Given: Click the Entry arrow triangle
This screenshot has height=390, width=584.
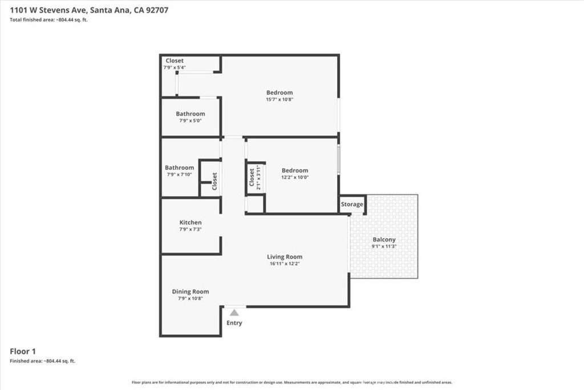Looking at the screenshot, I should (x=234, y=312).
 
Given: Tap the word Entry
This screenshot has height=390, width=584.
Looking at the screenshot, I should (x=234, y=323).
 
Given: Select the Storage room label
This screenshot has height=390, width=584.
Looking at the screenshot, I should (x=352, y=204).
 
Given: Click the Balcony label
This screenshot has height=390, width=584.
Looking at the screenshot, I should (x=384, y=240).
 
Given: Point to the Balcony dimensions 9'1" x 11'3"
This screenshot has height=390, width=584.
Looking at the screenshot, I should (x=384, y=247).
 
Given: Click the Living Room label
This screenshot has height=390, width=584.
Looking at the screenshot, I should (x=285, y=257).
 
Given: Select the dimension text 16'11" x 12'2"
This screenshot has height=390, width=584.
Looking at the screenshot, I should (x=285, y=264).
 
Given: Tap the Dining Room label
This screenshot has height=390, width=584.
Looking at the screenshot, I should (x=190, y=292).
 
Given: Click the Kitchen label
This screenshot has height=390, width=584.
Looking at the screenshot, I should (x=190, y=223).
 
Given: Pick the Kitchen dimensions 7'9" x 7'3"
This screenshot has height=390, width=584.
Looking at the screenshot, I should (x=190, y=230).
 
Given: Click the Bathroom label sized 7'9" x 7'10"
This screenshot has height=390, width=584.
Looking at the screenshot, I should (x=180, y=168).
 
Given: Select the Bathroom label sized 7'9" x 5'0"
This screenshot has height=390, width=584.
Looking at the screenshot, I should (x=190, y=114).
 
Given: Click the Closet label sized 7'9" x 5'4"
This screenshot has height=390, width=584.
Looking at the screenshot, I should (x=175, y=61).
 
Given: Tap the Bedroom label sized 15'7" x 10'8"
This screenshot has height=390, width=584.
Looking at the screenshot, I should (x=279, y=93).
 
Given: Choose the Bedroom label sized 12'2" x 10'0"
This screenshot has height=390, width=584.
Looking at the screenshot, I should (x=295, y=170).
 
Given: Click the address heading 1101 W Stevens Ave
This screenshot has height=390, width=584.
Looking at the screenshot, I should (x=88, y=10).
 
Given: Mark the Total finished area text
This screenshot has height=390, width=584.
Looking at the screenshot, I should (x=48, y=20).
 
